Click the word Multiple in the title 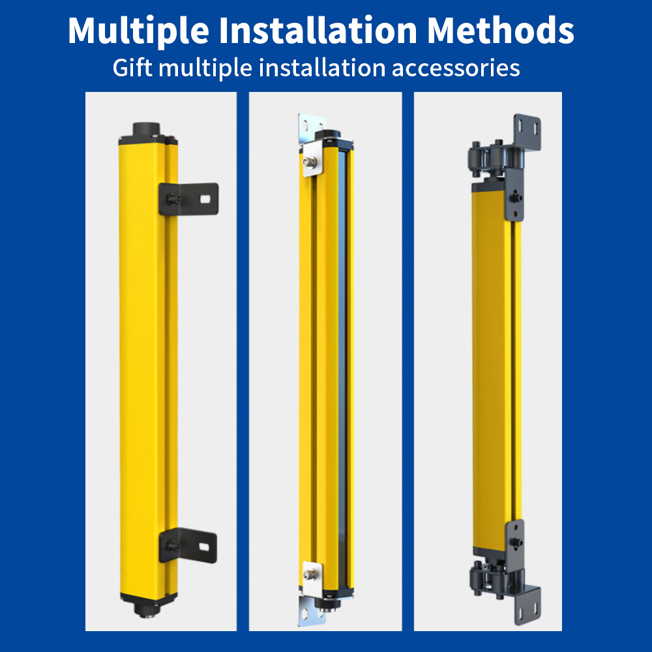138,31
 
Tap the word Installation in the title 318,30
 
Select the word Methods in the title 501,30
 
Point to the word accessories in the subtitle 456,68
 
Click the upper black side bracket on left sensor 188,199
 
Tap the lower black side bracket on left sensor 188,545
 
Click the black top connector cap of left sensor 146,129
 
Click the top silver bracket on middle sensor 311,145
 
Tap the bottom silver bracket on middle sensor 311,594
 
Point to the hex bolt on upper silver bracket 308,161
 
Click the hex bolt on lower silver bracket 308,574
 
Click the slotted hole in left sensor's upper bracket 205,199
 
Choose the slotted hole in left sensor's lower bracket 203,546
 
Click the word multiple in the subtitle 205,68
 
